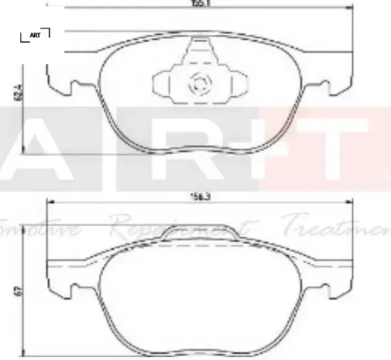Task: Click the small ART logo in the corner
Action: point(35,35)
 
